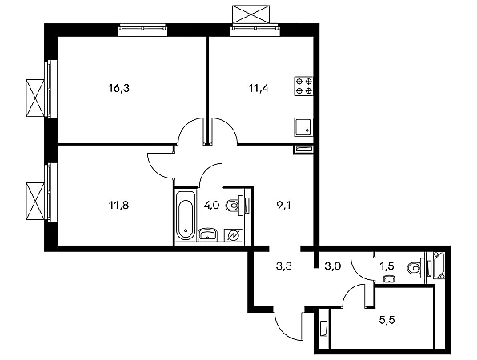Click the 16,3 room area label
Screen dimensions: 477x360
point(118,89)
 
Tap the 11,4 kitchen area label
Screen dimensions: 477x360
point(259,89)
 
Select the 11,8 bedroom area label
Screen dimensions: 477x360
point(118,206)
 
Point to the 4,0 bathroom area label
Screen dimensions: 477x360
point(211,206)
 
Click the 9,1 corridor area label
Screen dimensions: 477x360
point(283,206)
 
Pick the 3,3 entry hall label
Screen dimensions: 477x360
point(284,266)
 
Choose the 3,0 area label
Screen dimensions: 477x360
point(333,266)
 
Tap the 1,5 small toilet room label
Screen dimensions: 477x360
point(387,266)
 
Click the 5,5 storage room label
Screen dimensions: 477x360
point(387,320)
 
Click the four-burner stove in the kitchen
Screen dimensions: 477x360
point(303,86)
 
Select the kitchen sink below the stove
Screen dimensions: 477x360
point(303,127)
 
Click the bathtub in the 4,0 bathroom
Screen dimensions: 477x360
point(185,215)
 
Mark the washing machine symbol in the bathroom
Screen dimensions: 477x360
point(234,235)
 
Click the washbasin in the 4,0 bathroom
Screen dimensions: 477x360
point(208,234)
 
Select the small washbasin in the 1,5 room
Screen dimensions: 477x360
point(388,279)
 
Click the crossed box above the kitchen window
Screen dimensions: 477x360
point(251,14)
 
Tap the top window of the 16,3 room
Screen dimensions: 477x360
point(142,30)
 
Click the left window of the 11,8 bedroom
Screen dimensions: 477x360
point(50,192)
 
